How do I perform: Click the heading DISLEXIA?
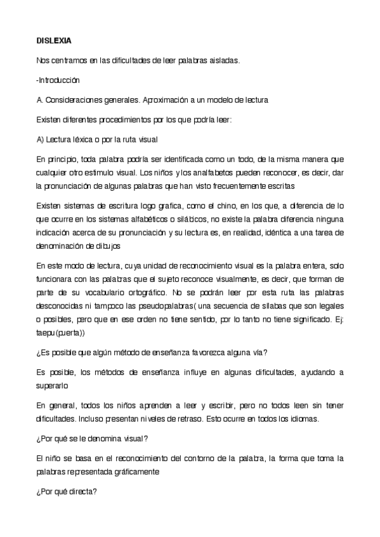pyautogui.click(x=54, y=41)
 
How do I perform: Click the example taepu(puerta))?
pyautogui.click(x=67, y=332)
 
